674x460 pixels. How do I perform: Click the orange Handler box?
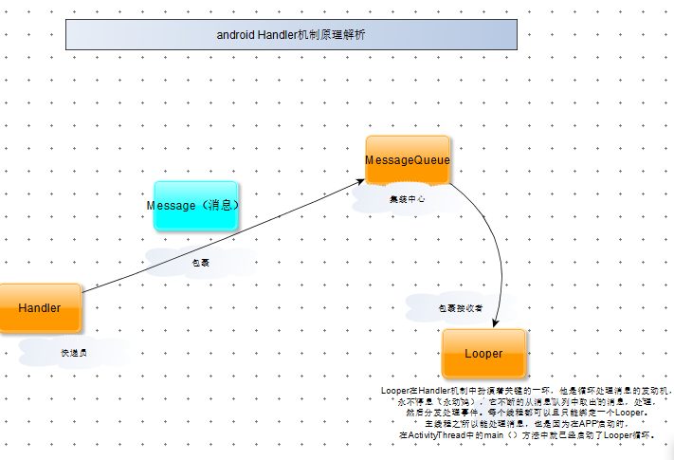click(40, 308)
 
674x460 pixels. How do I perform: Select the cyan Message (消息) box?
click(196, 206)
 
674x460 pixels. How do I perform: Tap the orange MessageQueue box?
click(408, 160)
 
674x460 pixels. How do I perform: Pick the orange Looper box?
click(483, 354)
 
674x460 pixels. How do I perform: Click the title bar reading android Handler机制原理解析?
click(291, 35)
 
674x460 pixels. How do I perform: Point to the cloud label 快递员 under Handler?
click(74, 352)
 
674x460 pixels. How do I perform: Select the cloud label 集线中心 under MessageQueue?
click(408, 200)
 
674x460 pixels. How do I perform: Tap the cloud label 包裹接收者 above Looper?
click(460, 308)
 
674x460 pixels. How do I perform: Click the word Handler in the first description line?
click(439, 390)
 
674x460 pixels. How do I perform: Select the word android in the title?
click(234, 35)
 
